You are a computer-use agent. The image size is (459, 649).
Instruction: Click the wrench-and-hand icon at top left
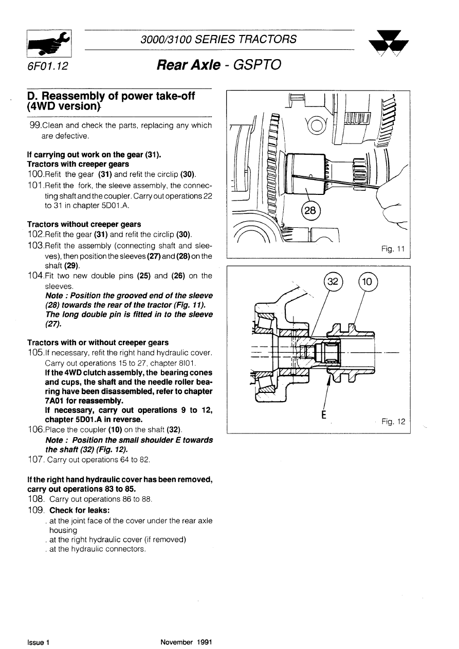[49, 44]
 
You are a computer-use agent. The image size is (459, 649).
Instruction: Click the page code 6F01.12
[48, 67]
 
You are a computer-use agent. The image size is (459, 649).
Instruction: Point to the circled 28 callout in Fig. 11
[311, 211]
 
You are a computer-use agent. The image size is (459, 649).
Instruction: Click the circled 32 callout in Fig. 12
[333, 282]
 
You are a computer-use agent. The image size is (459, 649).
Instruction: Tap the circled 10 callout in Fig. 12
[368, 282]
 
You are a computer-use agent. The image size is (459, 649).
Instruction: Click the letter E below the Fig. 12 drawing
[324, 414]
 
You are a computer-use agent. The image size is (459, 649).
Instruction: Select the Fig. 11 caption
[393, 249]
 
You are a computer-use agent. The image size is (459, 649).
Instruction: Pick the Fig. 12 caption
[393, 422]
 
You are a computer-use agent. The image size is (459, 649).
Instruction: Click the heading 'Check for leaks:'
[80, 511]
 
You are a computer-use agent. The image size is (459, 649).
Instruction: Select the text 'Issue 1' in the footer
[38, 642]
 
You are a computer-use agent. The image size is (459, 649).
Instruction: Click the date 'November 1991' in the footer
[186, 642]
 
